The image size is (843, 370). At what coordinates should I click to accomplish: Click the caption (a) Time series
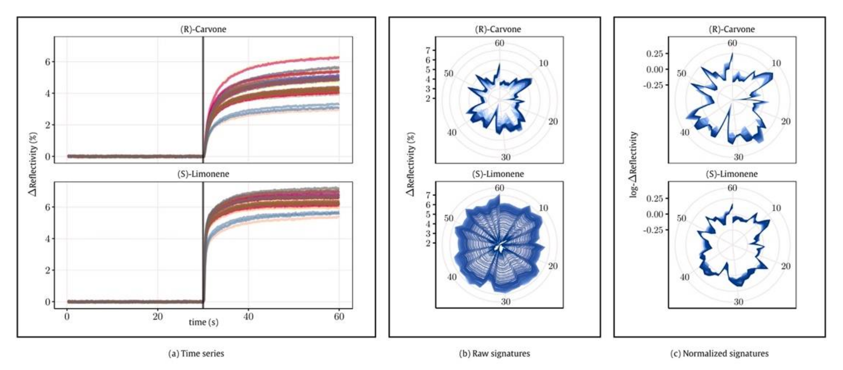pyautogui.click(x=196, y=353)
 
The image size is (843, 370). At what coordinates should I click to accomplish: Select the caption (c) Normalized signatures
pyautogui.click(x=719, y=353)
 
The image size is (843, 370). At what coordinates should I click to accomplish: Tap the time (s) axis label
pyautogui.click(x=203, y=322)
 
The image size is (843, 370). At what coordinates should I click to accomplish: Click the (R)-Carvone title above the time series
pyautogui.click(x=203, y=29)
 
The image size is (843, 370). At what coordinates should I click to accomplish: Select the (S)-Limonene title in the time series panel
pyautogui.click(x=203, y=174)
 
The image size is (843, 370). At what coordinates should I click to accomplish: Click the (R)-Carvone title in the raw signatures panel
pyautogui.click(x=498, y=29)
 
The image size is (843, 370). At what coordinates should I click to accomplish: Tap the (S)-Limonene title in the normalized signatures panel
pyautogui.click(x=731, y=174)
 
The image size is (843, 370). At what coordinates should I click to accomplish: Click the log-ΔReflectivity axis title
pyautogui.click(x=634, y=164)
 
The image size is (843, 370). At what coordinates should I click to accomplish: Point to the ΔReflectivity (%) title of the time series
pyautogui.click(x=33, y=164)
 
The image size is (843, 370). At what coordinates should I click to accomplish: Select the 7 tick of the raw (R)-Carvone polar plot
pyautogui.click(x=428, y=50)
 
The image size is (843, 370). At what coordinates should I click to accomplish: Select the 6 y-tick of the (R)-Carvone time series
pyautogui.click(x=48, y=62)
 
